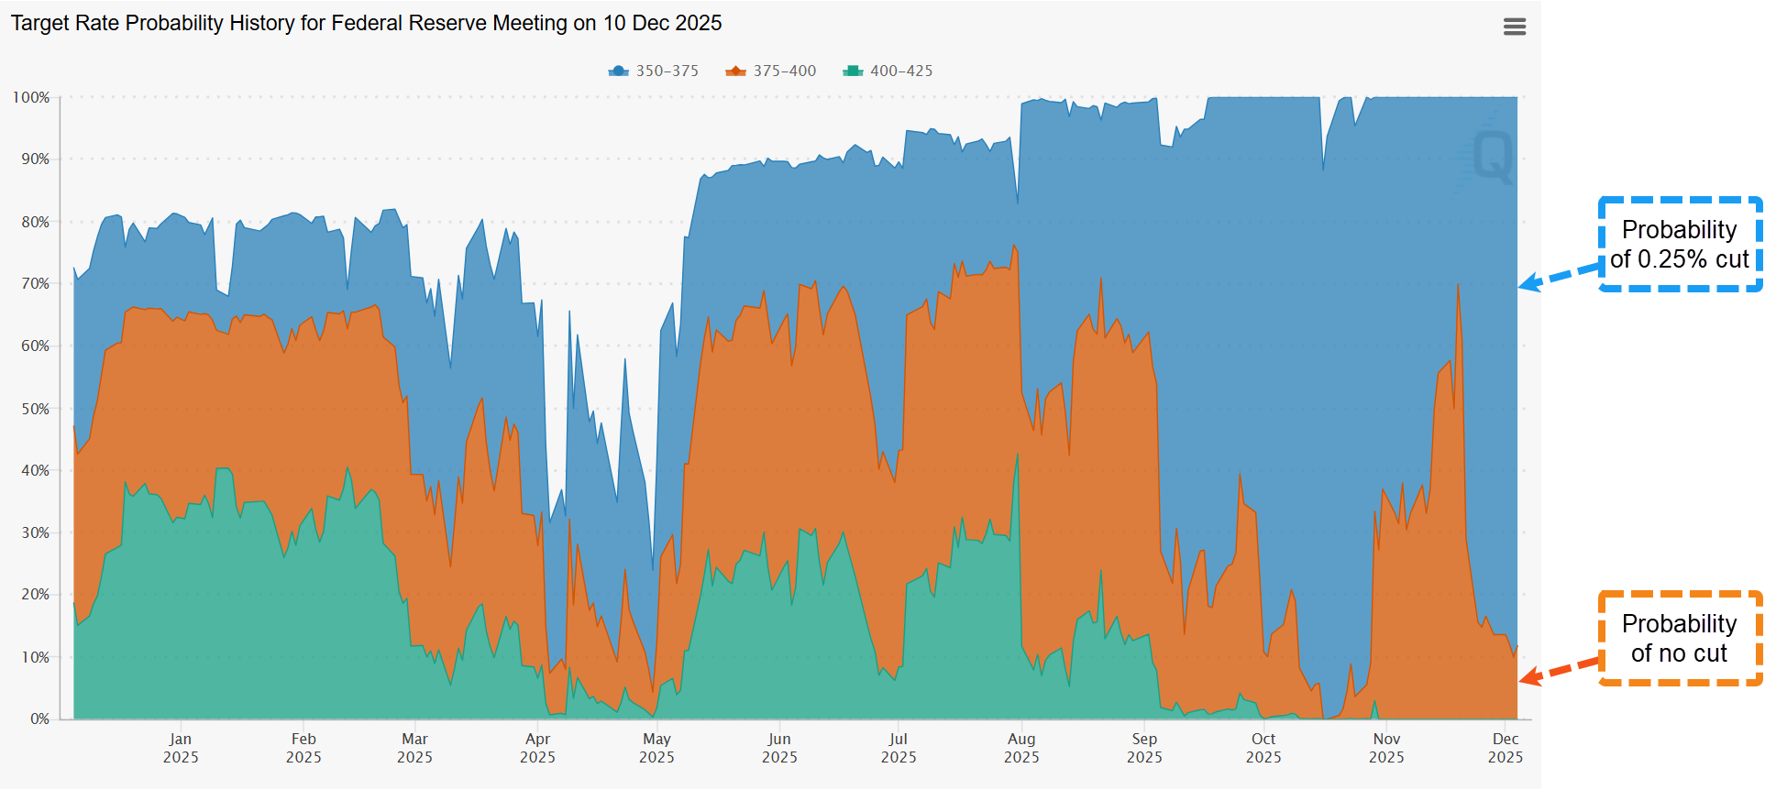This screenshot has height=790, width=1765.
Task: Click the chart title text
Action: coord(366,23)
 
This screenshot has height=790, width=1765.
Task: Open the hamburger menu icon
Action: coord(1515,27)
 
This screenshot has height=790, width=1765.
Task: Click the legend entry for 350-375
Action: coord(654,71)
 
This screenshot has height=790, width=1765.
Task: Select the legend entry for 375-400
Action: coord(771,71)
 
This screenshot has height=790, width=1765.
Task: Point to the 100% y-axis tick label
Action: coord(31,97)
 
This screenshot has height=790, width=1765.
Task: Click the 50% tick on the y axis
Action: coord(35,409)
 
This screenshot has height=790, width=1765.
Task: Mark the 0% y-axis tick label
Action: coord(39,719)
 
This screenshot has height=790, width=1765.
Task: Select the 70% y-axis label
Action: coord(35,284)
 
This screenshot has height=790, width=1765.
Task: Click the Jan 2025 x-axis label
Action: coord(181,748)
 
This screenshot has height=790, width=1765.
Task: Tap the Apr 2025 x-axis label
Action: coord(537,748)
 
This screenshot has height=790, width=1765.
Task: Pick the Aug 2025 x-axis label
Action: coord(1021,748)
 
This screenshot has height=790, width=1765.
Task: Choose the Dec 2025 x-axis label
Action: coord(1505,748)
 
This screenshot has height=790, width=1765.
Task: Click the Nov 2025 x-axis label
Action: coord(1386,748)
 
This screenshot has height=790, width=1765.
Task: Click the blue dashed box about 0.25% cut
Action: coord(1680,245)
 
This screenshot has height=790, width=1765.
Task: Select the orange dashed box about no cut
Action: coord(1680,638)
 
